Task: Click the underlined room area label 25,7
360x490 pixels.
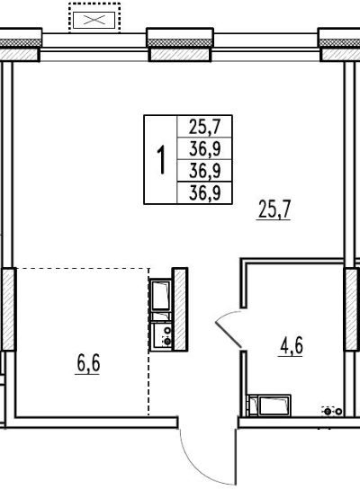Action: tap(274, 209)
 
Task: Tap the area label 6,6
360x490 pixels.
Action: tap(88, 364)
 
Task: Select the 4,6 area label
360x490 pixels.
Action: tap(292, 345)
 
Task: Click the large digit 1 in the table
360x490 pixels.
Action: tap(161, 160)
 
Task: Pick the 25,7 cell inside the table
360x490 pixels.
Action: tap(204, 127)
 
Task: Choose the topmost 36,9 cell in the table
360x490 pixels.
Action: tap(204, 148)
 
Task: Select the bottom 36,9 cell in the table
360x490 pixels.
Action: tap(204, 192)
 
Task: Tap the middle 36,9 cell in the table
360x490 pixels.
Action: tap(204, 171)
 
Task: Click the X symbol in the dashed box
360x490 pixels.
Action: tap(94, 21)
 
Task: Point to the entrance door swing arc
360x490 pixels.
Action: tap(193, 463)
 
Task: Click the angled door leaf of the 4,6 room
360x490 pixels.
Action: tap(228, 334)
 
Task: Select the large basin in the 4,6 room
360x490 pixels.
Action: tap(274, 405)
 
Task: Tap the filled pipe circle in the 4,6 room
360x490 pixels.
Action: tap(328, 412)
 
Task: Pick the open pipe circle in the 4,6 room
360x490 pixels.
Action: tap(338, 412)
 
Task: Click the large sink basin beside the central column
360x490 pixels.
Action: tap(161, 295)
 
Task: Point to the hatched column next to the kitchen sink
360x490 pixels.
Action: tap(180, 309)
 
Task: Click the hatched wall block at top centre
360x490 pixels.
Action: tap(180, 55)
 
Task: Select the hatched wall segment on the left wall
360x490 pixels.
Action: tap(8, 309)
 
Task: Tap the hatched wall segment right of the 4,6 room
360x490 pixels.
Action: tap(352, 309)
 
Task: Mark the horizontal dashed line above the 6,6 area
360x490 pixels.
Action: tap(83, 268)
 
